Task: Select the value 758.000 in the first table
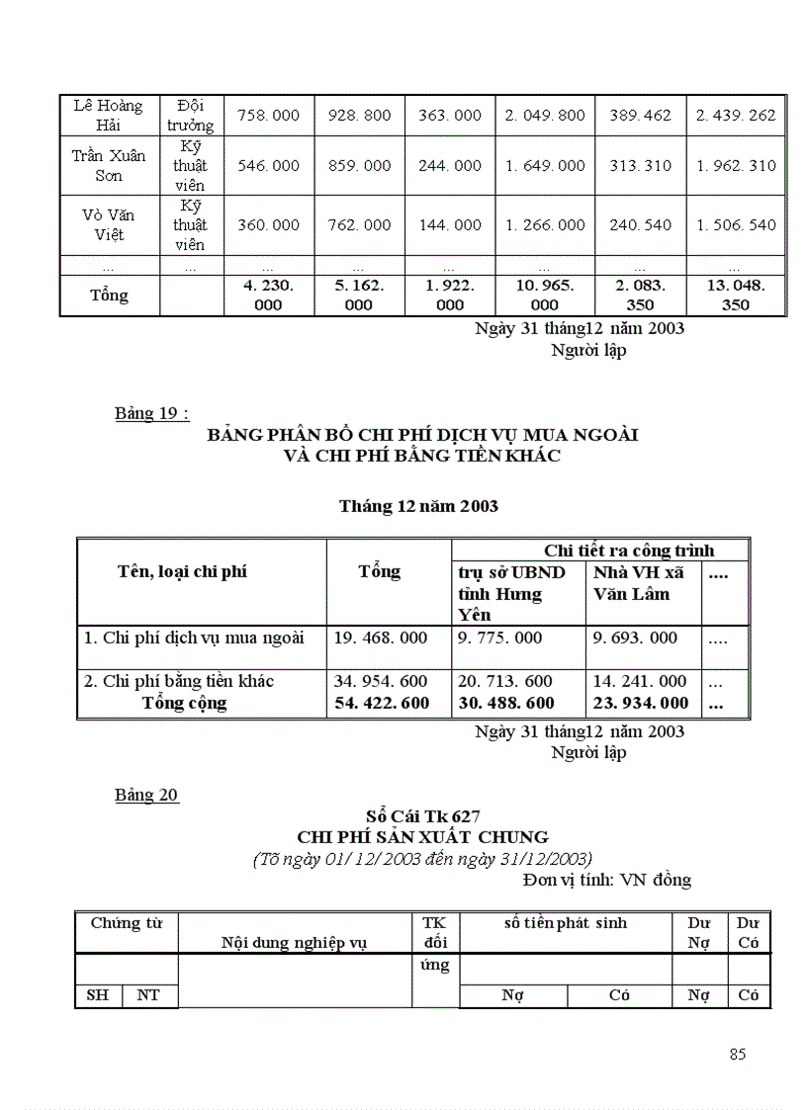pos(269,116)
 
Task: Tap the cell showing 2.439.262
pos(736,116)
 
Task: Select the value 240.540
pos(640,225)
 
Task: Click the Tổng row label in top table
pos(109,295)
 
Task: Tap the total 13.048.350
pos(736,295)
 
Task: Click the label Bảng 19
pos(150,413)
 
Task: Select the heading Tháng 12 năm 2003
pos(418,506)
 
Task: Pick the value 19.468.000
pos(381,638)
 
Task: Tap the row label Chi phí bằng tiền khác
pos(179,681)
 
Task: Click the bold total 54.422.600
pos(381,703)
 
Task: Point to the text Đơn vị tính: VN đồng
pos(606,879)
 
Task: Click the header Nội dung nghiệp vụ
pos(295,943)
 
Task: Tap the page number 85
pos(737,1054)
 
